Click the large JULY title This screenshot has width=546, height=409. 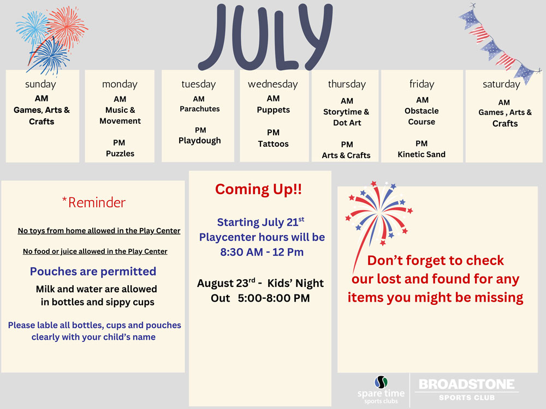(265, 37)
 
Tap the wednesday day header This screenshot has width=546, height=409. (272, 84)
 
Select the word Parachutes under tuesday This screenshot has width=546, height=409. (199, 109)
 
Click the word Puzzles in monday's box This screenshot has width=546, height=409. (120, 153)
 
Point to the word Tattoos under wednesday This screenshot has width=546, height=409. (273, 143)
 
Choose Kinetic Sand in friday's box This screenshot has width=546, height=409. (422, 154)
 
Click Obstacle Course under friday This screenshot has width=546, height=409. (422, 116)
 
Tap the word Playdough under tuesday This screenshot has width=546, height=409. (199, 141)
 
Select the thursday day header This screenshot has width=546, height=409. (347, 84)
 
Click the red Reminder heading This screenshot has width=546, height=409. (94, 202)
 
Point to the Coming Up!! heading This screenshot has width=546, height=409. (258, 189)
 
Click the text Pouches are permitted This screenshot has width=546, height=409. (93, 271)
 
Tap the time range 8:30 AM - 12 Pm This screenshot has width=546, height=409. (262, 252)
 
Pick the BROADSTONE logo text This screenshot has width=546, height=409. (467, 384)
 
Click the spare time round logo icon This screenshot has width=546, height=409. (381, 382)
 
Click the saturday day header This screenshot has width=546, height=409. (501, 84)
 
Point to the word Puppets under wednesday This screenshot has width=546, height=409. (274, 110)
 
